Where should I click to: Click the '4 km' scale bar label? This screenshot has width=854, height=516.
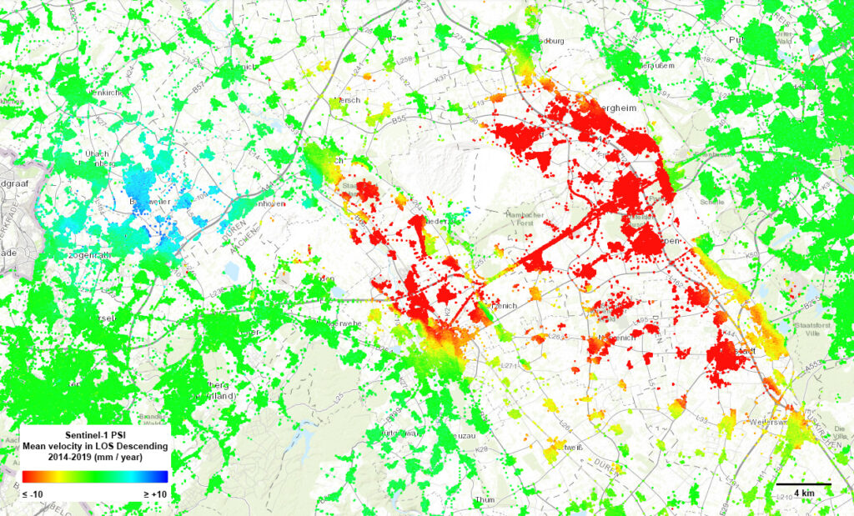pos(805,493)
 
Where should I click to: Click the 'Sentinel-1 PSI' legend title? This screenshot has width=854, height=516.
pos(95,434)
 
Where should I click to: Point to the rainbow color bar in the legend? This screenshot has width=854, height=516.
pos(95,477)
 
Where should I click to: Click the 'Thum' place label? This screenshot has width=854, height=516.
pos(485,499)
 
